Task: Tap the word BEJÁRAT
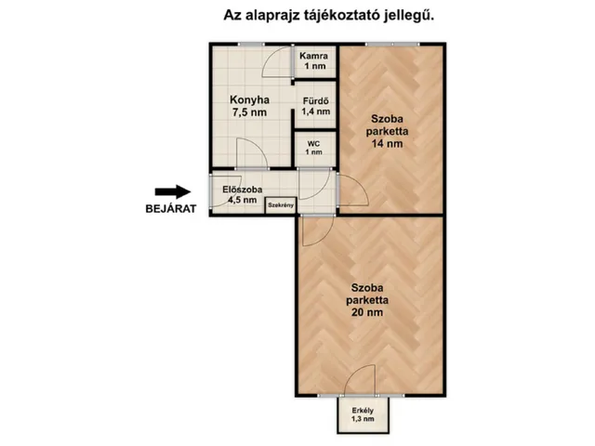coord(170,209)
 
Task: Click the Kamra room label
coord(313,56)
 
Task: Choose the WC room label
coord(314,143)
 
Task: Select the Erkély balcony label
coord(363,412)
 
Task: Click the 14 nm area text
coord(388,145)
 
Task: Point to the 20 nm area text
coord(370,313)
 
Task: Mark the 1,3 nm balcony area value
coord(363,420)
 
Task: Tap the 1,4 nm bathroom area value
coord(314,111)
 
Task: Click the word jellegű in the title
coord(408,15)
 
